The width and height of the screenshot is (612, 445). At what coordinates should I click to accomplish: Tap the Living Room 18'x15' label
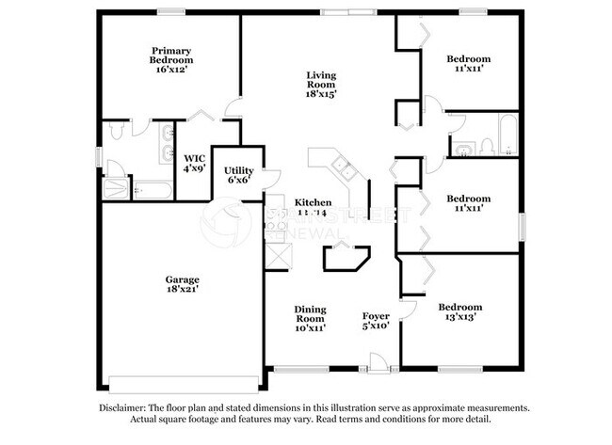coord(320,85)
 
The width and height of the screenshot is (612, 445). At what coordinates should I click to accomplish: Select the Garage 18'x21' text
coord(182,284)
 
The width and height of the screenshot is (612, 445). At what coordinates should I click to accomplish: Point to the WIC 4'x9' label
coord(194,163)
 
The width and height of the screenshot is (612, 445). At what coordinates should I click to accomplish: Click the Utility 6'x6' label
coord(238,174)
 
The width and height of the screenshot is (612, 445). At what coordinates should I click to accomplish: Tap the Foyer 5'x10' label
coord(377,321)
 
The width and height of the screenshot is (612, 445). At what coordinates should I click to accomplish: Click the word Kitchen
coord(313,202)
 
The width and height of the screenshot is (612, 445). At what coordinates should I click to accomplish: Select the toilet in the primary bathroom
coord(115,133)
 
